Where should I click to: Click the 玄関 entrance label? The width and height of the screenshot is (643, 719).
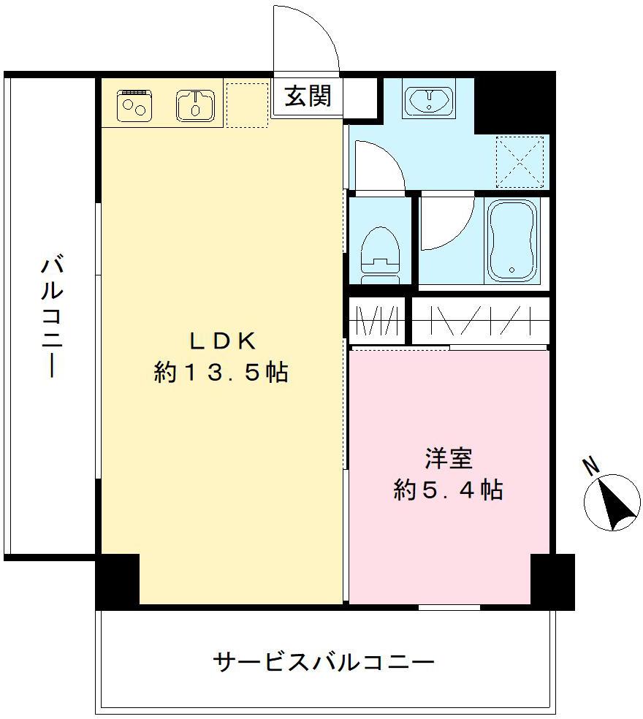(x=308, y=95)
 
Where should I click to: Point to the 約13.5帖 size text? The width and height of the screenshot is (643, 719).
(x=221, y=373)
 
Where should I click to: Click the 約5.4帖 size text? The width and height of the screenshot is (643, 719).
(x=448, y=490)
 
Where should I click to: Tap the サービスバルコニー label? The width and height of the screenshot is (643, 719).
(x=324, y=663)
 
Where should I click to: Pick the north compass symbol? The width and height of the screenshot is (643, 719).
(x=612, y=502)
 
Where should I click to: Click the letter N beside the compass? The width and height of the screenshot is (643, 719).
(x=590, y=465)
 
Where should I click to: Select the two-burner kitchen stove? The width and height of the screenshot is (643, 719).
(x=135, y=105)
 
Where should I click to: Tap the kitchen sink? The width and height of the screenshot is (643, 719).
(x=195, y=104)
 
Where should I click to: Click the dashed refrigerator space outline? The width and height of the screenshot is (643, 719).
(x=247, y=105)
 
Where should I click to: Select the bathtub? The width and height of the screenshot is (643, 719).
(x=512, y=239)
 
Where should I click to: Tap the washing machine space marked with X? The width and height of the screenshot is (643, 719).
(x=520, y=161)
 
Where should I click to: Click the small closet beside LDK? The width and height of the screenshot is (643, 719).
(x=376, y=321)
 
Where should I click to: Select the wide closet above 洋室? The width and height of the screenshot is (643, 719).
(x=479, y=320)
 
